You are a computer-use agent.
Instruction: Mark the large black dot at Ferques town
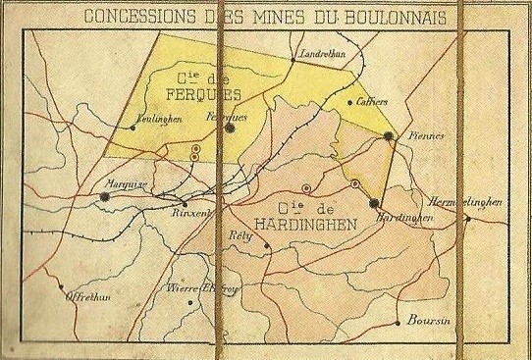click(229, 128)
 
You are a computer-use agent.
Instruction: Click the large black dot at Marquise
click(105, 196)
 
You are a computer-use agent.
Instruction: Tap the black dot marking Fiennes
click(389, 136)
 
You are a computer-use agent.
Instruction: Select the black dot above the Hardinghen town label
click(373, 203)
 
